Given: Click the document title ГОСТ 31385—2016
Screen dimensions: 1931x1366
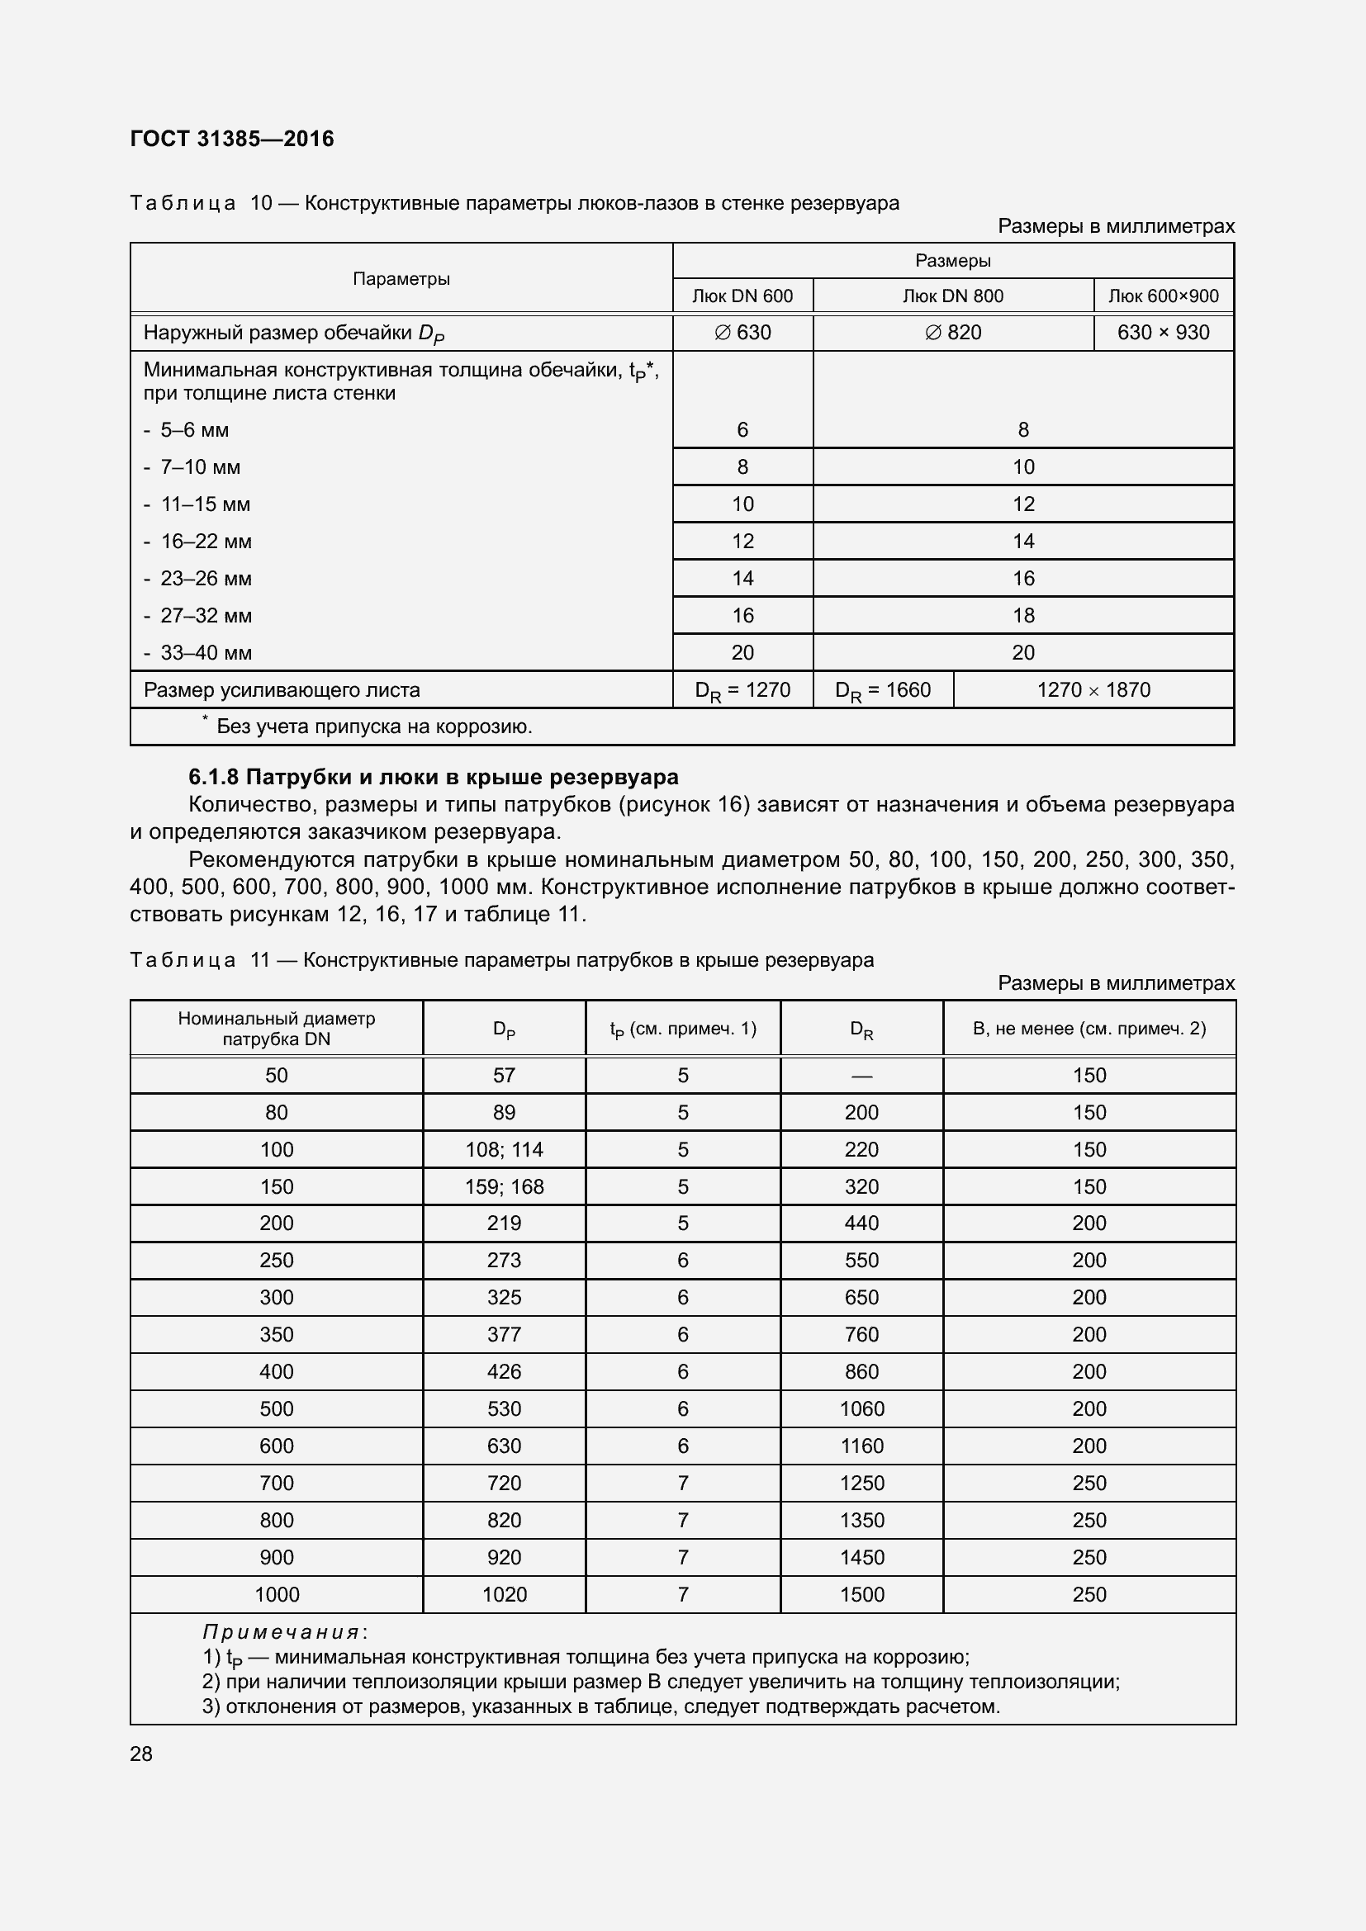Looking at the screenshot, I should [x=232, y=139].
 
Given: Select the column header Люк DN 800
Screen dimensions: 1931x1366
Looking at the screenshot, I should [x=952, y=296].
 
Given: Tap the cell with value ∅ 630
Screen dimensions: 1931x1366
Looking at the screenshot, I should [x=742, y=332].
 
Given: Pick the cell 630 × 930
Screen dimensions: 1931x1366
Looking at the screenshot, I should [x=1163, y=332].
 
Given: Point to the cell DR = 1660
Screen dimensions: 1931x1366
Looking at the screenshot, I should [x=882, y=689].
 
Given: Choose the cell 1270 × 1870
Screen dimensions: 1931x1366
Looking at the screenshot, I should [x=1093, y=689].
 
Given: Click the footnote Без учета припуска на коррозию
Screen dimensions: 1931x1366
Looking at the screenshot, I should [x=373, y=726].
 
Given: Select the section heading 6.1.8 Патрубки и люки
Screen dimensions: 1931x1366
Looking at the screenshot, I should [x=434, y=776].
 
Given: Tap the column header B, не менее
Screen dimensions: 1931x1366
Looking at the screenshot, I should [x=1089, y=1028].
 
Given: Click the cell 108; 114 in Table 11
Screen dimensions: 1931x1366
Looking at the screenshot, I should [x=504, y=1149].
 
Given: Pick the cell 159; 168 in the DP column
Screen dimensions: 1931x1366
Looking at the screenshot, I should [x=504, y=1186].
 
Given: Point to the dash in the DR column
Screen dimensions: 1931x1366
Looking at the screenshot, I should [x=861, y=1076].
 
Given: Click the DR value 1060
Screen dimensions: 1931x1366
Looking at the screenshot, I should [x=861, y=1408].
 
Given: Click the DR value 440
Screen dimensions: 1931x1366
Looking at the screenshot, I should [x=861, y=1223].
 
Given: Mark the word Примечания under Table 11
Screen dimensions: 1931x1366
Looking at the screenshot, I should [x=282, y=1632].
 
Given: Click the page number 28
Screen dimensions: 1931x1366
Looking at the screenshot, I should [x=141, y=1754].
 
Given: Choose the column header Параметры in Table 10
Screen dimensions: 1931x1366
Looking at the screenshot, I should [x=401, y=278].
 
